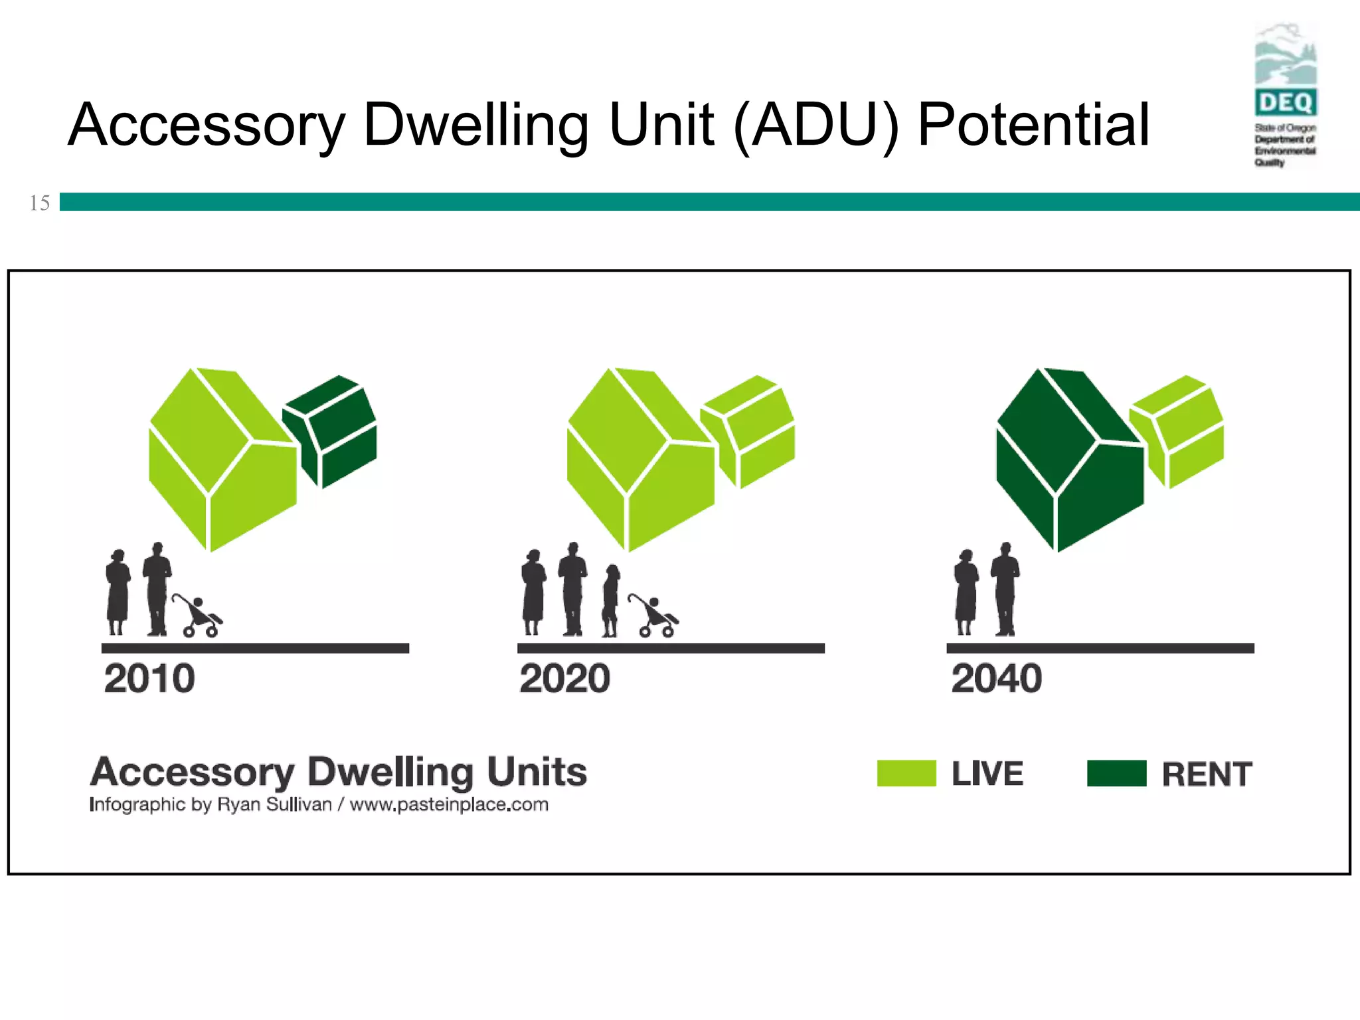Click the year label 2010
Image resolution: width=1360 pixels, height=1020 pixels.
[149, 679]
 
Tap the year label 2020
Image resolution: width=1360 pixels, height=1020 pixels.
[564, 679]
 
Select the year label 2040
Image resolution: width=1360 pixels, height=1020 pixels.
[996, 679]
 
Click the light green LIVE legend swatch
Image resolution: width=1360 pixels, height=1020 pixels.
[906, 774]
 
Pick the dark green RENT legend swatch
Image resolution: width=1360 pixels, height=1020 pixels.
[1116, 774]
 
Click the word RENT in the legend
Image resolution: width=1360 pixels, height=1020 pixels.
[1207, 774]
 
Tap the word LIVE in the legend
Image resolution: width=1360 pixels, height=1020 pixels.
[987, 774]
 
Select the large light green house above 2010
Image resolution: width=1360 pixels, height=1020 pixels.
[219, 458]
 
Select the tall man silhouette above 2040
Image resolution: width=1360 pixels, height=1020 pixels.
[1005, 589]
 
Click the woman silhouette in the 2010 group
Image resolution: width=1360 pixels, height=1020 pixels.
[118, 591]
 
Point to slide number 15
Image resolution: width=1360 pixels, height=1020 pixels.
[39, 203]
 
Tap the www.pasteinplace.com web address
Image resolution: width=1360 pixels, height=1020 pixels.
[449, 805]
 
